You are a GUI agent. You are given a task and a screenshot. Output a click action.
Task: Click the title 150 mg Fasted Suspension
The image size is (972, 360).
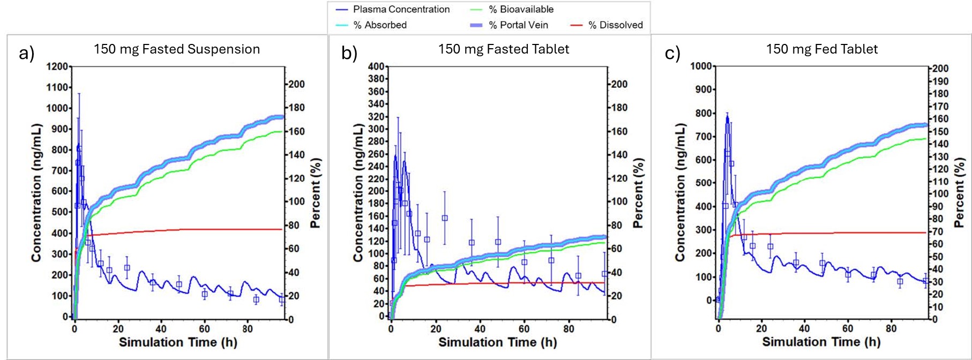click(x=177, y=49)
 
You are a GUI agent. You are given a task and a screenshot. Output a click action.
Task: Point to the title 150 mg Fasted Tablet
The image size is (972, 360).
click(x=504, y=49)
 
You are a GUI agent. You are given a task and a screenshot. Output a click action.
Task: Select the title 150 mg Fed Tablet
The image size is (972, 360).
click(x=822, y=49)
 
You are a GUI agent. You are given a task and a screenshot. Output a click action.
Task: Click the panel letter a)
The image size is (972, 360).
click(x=26, y=53)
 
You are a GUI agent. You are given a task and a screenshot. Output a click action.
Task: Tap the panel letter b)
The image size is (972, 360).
click(x=349, y=53)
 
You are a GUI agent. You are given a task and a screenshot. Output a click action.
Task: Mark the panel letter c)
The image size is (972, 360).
click(x=672, y=53)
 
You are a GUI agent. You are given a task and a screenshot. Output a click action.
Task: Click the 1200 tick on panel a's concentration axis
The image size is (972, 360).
click(x=57, y=66)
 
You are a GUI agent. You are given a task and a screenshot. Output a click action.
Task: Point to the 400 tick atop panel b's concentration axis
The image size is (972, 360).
click(x=377, y=66)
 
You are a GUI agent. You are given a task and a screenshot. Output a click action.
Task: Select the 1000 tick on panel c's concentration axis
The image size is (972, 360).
click(x=701, y=66)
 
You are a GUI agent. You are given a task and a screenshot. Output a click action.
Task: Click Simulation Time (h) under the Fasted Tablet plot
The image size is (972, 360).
click(x=497, y=342)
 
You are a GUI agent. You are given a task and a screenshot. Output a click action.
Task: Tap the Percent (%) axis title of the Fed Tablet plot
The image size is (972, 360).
click(x=960, y=193)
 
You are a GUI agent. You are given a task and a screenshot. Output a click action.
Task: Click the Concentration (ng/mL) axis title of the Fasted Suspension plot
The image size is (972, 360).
click(x=36, y=193)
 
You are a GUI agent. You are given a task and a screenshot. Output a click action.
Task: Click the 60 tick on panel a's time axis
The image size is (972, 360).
click(x=204, y=328)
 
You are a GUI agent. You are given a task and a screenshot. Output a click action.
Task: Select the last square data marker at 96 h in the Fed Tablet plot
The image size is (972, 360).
click(x=925, y=281)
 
